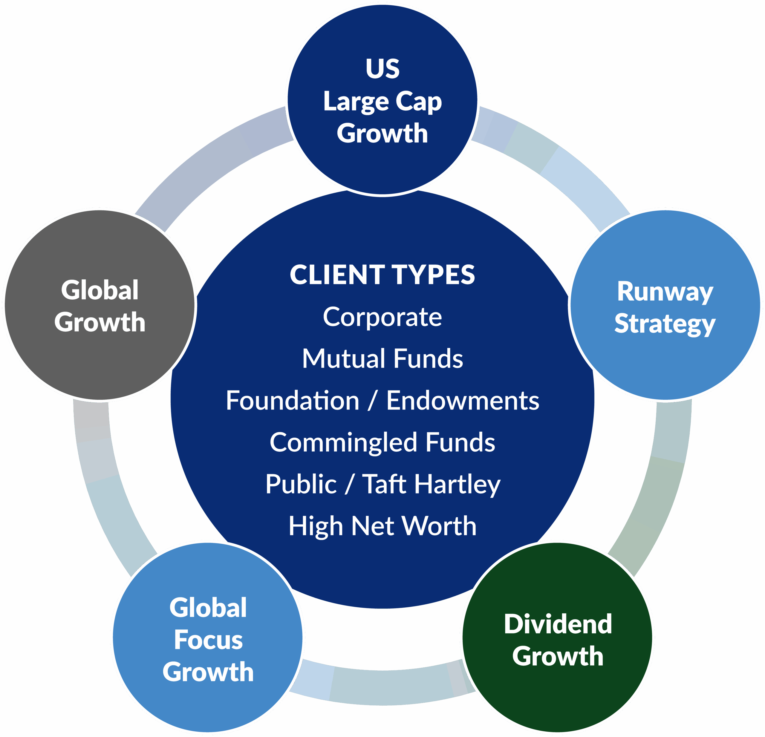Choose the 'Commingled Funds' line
pos(382,442)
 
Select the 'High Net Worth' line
pos(382,526)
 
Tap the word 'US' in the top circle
pos(382,69)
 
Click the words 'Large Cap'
pos(382,102)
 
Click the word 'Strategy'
pos(665,324)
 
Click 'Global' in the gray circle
pos(100,290)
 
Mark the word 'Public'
pos(301,484)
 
